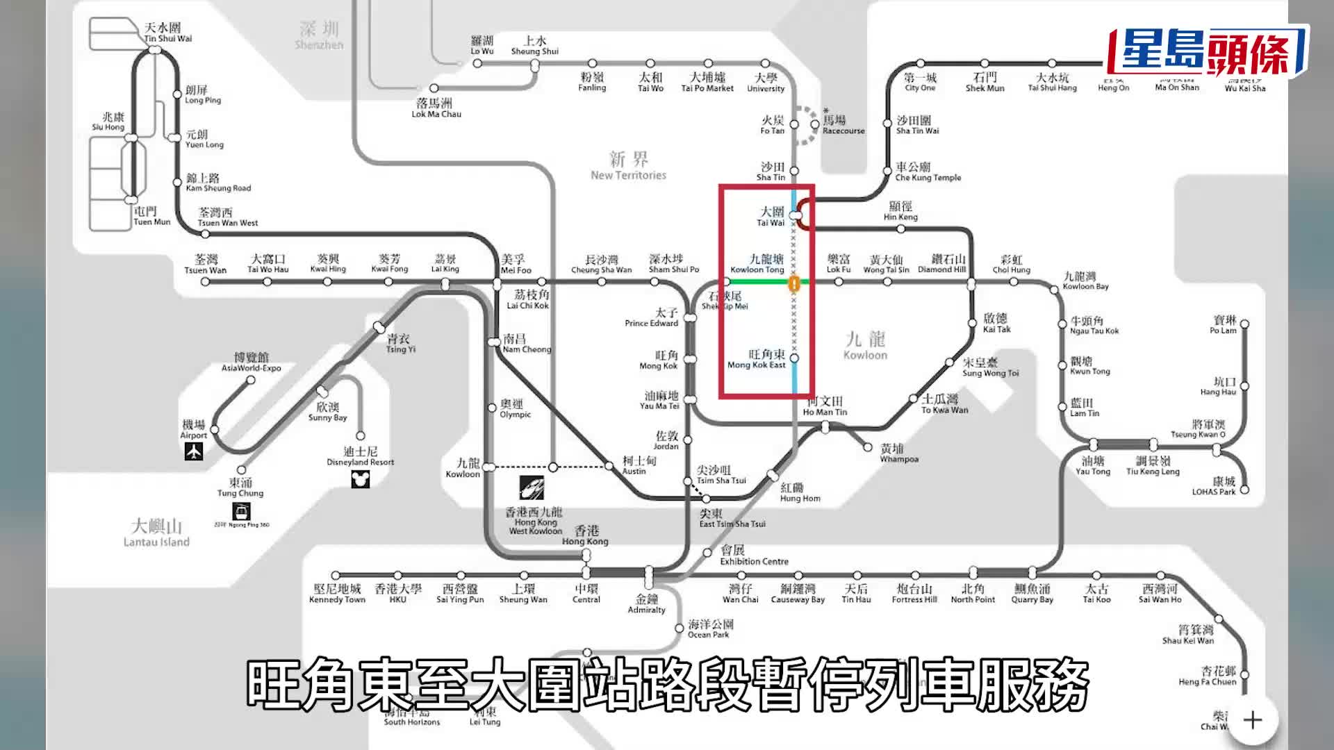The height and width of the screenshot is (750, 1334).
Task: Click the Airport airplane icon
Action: coord(194,452)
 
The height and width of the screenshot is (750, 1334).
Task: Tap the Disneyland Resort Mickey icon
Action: coord(360,479)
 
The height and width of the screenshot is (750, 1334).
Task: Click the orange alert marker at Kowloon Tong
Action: coord(793,283)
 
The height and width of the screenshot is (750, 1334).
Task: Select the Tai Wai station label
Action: coord(771,216)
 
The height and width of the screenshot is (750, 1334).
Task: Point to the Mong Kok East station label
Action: coord(757,359)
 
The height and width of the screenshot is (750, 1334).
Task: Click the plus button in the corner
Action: coord(1253,720)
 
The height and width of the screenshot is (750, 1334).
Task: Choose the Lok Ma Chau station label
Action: coord(436,108)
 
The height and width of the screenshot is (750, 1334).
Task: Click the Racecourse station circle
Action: coord(814,125)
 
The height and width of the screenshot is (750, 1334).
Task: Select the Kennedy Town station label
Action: coord(337,594)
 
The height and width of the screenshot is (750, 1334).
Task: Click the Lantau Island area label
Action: coord(156,533)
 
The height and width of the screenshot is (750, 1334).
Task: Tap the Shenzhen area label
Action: coord(319,35)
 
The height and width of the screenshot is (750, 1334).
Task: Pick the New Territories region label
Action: coord(628,166)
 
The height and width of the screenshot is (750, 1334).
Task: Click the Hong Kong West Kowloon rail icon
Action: coord(532,487)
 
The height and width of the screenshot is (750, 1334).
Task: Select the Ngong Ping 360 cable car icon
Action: coord(241,512)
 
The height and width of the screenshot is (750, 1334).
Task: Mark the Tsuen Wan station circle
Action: coord(205,282)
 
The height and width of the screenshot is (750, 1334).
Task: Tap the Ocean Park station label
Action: coord(710,629)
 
